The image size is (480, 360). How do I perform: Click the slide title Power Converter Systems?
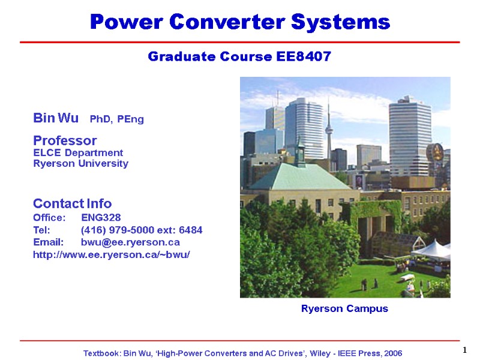point(240,23)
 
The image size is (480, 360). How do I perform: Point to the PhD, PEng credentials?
point(116,119)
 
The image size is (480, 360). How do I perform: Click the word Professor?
point(65,140)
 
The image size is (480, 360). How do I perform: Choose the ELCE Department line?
point(78,152)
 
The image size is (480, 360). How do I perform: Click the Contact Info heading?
point(72,203)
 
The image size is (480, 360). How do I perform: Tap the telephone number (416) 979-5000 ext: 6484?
point(142,230)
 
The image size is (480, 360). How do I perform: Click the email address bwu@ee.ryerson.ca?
point(130,242)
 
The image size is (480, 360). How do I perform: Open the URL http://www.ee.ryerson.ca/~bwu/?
point(112,255)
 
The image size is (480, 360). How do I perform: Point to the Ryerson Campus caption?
point(344,308)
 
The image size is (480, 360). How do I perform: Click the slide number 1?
point(465,350)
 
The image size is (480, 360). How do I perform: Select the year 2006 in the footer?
point(391,353)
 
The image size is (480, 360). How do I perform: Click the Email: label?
point(48,242)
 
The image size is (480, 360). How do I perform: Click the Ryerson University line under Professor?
point(80,163)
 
